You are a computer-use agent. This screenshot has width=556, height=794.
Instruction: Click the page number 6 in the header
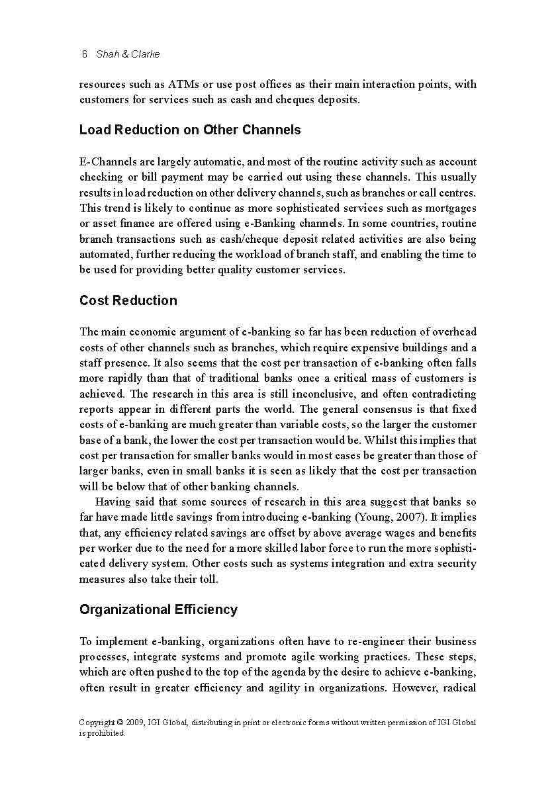(x=84, y=54)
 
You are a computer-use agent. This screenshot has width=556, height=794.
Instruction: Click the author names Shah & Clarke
(x=128, y=54)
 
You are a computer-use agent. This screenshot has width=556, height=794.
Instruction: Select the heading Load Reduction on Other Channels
(x=190, y=130)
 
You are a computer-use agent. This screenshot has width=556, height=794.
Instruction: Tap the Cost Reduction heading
(x=128, y=300)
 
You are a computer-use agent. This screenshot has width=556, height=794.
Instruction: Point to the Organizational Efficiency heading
(x=158, y=609)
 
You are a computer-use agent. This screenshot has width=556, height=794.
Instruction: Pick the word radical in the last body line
(x=457, y=687)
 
